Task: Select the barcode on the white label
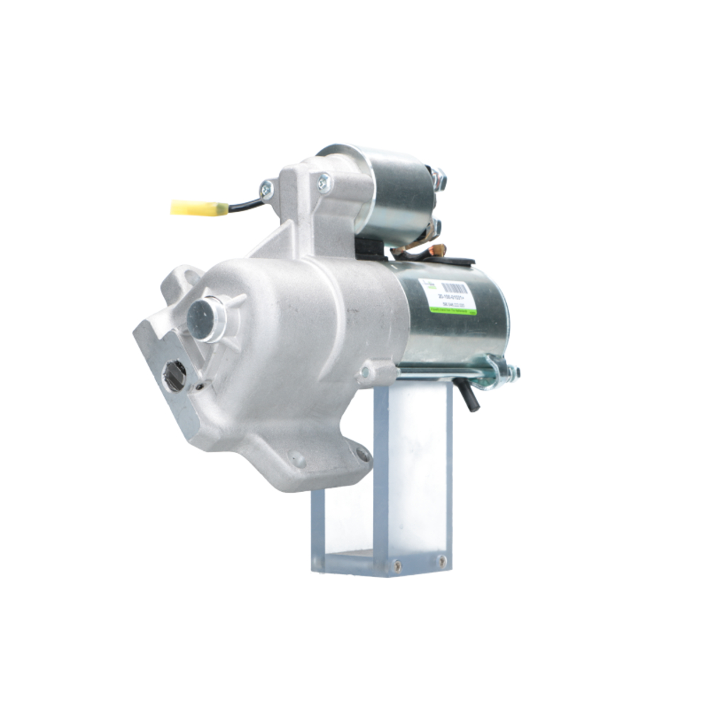click(x=453, y=289)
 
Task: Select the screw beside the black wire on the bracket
click(x=267, y=189)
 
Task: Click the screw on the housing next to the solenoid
click(x=324, y=182)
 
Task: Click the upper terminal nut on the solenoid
click(x=440, y=178)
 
